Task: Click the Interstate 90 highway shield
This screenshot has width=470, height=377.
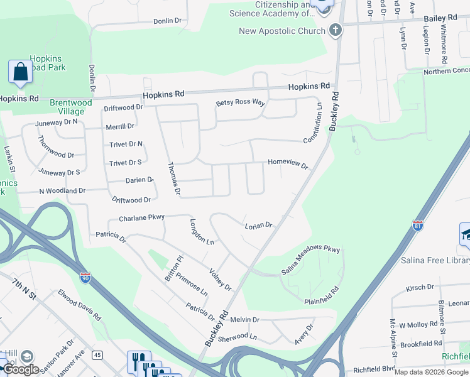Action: coord(85,276)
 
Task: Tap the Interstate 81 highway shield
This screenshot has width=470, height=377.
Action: coord(418,225)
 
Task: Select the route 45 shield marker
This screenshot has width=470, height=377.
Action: coord(97,355)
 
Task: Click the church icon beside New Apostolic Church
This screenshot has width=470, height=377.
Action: coord(336,30)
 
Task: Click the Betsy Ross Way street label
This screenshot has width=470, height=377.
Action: coord(241,103)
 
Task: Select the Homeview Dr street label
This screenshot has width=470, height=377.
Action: coord(288,163)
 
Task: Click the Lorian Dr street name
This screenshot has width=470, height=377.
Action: coord(258,224)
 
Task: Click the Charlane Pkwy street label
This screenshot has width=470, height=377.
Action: coord(141,218)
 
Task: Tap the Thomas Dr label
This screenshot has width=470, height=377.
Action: coord(173,178)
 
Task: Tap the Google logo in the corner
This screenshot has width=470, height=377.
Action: coord(21,369)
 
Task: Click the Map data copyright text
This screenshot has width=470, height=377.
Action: coord(430,372)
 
